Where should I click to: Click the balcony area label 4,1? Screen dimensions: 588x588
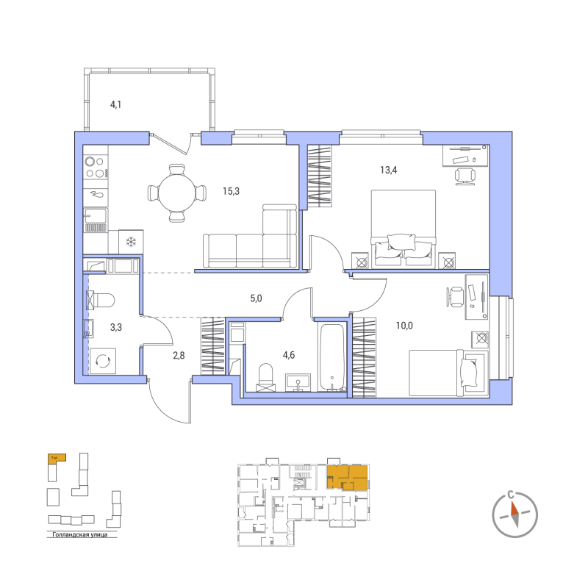point(115,105)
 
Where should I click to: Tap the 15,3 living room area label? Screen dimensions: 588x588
point(231,191)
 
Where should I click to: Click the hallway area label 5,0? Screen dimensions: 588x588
point(256,298)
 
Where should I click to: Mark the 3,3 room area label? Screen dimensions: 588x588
point(116,328)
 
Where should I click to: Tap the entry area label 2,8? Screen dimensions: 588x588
point(179,356)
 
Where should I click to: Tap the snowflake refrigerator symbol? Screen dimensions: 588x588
point(132,242)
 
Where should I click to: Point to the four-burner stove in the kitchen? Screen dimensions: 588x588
point(96,167)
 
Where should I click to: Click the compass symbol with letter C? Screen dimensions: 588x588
point(514,509)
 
